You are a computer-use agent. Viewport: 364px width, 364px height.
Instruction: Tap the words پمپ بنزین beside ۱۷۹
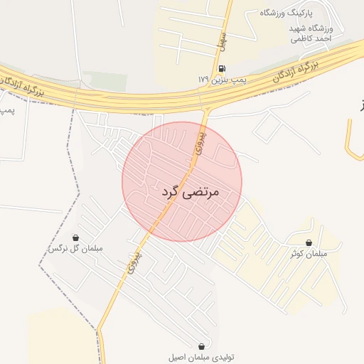click(230, 81)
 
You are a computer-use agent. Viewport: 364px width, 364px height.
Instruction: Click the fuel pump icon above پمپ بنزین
click(223, 69)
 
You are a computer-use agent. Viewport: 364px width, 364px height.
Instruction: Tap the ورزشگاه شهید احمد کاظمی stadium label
click(310, 33)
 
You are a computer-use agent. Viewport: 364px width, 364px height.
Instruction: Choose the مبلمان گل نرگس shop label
click(75, 249)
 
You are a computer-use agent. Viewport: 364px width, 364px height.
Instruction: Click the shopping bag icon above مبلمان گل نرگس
click(75, 237)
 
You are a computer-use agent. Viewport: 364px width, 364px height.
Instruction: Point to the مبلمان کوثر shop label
click(308, 254)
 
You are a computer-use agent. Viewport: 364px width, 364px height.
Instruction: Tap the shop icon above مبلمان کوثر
click(308, 242)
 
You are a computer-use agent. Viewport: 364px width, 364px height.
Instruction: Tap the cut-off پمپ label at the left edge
click(6, 112)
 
